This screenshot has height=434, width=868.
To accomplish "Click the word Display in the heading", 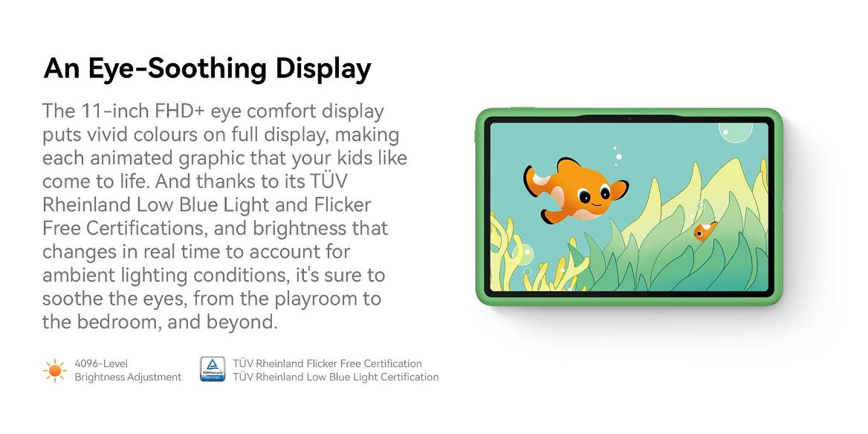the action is click(323, 69).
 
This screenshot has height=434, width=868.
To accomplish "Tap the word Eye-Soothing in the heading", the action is click(176, 69).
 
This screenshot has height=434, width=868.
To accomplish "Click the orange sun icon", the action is click(55, 370).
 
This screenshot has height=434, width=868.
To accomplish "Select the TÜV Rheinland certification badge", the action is click(213, 369).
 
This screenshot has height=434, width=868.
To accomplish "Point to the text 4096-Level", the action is click(101, 363).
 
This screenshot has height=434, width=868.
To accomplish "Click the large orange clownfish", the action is click(576, 191).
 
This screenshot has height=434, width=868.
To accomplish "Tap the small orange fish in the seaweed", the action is click(705, 231).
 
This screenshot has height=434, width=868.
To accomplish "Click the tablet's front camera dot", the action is click(629, 118).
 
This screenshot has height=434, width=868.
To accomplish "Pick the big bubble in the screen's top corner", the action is click(736, 132).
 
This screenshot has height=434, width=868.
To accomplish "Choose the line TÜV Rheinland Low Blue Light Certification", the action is click(335, 377).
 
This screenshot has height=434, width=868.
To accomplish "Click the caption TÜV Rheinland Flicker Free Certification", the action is click(327, 363).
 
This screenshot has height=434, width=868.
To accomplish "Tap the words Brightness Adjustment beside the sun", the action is click(128, 377).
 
